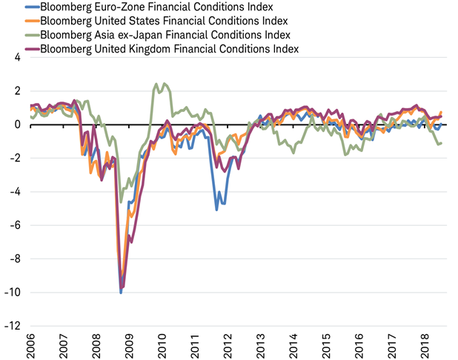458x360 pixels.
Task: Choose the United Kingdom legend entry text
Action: pyautogui.click(x=171, y=50)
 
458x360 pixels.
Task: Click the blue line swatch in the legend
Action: pyautogui.click(x=31, y=7)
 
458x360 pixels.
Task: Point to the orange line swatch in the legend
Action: pyautogui.click(x=31, y=21)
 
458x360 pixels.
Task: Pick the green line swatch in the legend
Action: pyautogui.click(x=31, y=36)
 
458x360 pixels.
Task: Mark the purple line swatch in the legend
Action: pyautogui.click(x=31, y=50)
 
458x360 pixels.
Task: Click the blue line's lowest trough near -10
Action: pyautogui.click(x=121, y=293)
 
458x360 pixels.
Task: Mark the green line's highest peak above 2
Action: pyautogui.click(x=156, y=84)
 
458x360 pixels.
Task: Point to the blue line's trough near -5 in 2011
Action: pyautogui.click(x=216, y=210)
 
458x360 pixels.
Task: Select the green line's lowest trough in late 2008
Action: pyautogui.click(x=122, y=201)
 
